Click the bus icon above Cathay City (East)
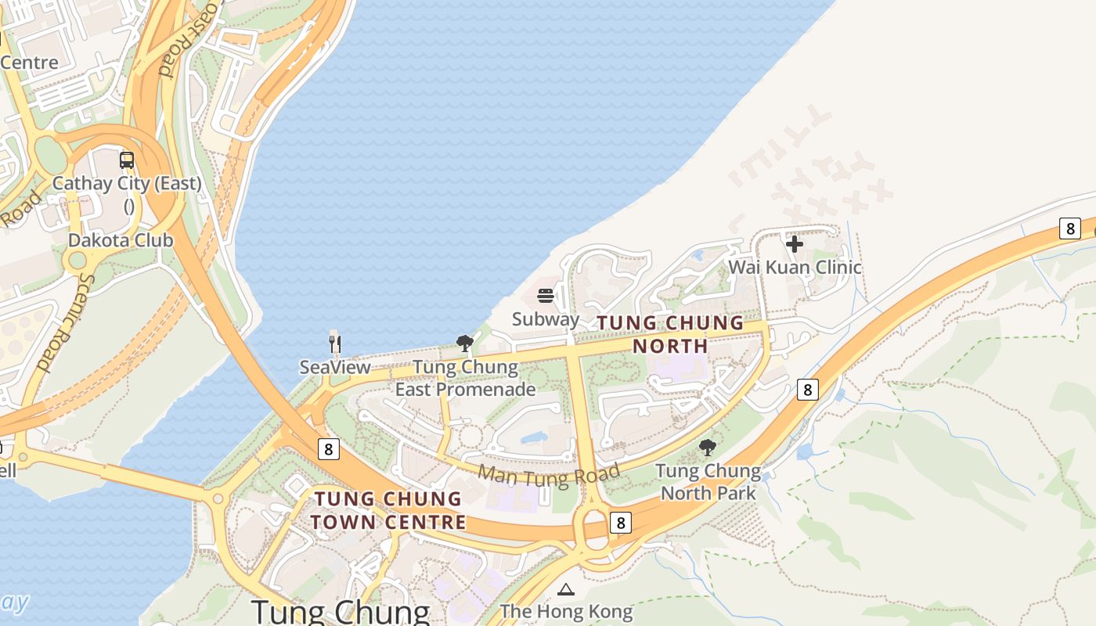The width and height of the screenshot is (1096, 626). [127, 160]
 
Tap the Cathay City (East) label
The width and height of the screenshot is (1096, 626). [127, 185]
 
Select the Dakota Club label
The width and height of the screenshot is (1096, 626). [121, 240]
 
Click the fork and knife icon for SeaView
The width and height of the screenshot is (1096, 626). [335, 344]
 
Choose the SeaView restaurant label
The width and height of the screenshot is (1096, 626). [335, 367]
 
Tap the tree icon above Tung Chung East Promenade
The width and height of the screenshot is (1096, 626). [465, 343]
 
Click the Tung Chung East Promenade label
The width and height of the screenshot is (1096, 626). [465, 378]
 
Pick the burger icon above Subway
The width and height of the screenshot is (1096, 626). [546, 296]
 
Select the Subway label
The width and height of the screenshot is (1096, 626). [546, 319]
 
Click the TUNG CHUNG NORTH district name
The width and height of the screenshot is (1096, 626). [670, 334]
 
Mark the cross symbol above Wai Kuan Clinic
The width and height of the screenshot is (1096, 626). [795, 244]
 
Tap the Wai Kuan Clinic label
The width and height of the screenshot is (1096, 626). [795, 268]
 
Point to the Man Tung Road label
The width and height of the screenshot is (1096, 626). [549, 473]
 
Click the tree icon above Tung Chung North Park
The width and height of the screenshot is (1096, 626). [708, 448]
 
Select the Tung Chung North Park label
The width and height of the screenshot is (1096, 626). [708, 482]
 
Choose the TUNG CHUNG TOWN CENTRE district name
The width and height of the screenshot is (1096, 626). [388, 510]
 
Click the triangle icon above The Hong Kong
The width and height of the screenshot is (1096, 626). [565, 589]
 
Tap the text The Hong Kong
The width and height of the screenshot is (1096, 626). [565, 611]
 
